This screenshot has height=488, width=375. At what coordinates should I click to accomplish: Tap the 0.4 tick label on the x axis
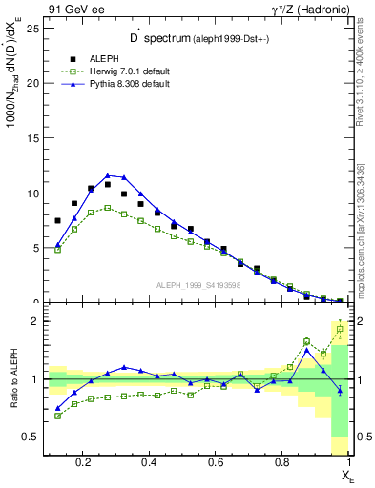click(150, 463)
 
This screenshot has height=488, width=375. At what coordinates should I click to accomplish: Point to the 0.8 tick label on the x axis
click(282, 463)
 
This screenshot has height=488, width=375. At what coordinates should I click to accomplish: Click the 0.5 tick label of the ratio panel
click(30, 437)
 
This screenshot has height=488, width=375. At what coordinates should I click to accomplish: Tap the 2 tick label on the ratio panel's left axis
click(34, 321)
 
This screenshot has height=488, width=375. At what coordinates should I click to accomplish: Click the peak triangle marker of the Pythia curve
click(108, 175)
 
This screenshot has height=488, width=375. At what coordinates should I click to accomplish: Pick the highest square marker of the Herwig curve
click(108, 207)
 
